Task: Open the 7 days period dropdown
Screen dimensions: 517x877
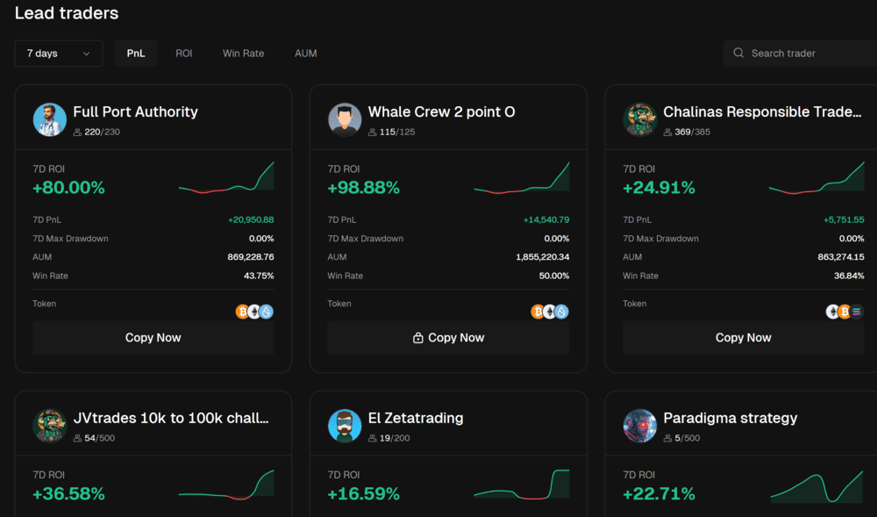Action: (x=59, y=54)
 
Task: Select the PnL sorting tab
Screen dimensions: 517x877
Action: (x=136, y=54)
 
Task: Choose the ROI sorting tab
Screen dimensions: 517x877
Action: (x=183, y=54)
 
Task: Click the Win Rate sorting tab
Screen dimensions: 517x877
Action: (x=243, y=54)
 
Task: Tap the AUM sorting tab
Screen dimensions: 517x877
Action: (x=305, y=54)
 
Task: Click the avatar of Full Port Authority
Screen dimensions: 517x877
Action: (x=50, y=119)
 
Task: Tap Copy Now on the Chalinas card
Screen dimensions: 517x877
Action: (x=743, y=338)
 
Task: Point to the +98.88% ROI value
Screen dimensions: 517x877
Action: (x=363, y=188)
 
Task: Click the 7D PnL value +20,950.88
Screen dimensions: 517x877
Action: (x=251, y=219)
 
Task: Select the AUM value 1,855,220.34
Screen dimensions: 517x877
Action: (x=542, y=257)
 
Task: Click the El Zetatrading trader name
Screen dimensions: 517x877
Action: (x=416, y=418)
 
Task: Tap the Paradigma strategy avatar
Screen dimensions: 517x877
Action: (x=640, y=426)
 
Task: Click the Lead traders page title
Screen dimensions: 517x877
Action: (x=67, y=13)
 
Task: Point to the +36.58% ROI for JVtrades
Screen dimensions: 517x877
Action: (x=68, y=494)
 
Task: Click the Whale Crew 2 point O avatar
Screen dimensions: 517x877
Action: (x=345, y=119)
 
